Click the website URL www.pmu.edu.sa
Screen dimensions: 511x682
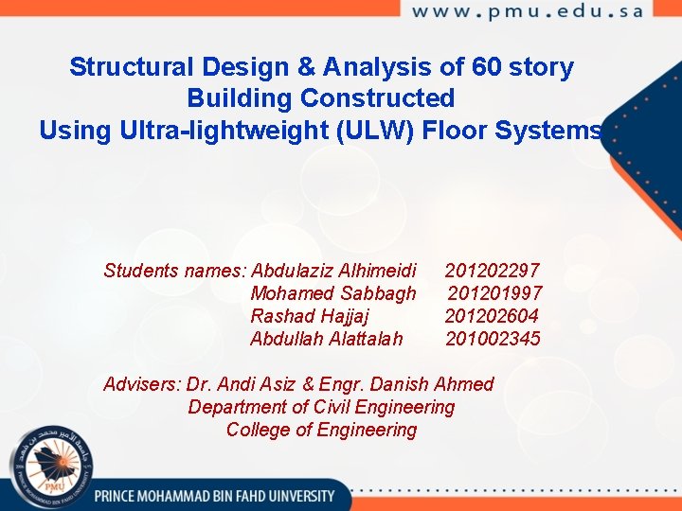click(x=528, y=12)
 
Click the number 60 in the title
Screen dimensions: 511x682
click(x=477, y=68)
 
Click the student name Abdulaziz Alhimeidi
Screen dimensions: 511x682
click(x=333, y=271)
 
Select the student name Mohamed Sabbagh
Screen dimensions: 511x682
click(x=332, y=293)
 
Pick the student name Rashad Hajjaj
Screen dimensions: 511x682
click(x=310, y=316)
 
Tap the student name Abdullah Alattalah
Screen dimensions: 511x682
click(x=326, y=339)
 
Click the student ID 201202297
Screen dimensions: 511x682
click(x=492, y=271)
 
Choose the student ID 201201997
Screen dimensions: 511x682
click(x=494, y=293)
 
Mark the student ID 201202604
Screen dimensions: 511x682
click(x=492, y=316)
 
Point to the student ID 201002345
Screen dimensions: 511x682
click(x=493, y=339)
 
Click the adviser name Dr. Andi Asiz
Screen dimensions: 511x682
click(x=242, y=384)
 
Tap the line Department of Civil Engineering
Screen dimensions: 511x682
click(x=321, y=407)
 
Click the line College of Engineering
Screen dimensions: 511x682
click(x=321, y=431)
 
